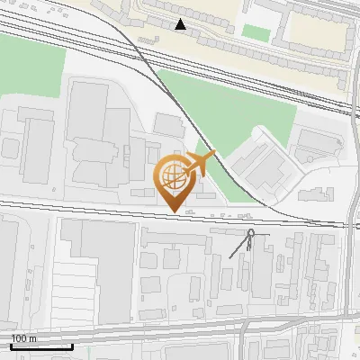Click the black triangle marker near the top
coord(182,24)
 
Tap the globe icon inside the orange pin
coord(174,175)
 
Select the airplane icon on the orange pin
coord(200,164)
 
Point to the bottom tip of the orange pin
coord(174,211)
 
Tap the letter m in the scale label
coord(32,338)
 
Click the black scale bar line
coord(40,346)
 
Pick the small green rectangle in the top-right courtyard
coord(256,32)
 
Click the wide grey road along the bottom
coord(180,329)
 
